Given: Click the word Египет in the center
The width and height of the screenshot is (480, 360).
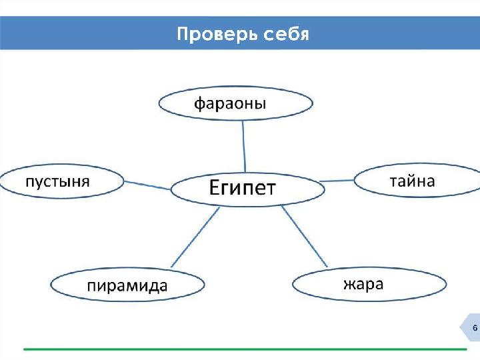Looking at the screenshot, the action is [243, 187].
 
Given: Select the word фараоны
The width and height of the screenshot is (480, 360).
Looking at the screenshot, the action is [230, 103].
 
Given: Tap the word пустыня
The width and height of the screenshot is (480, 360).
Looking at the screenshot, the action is [57, 181].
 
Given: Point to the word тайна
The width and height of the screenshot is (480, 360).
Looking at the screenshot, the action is [413, 181].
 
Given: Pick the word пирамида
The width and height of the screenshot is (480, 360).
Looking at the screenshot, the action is [127, 286].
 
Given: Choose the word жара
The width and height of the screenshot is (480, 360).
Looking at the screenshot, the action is [363, 284].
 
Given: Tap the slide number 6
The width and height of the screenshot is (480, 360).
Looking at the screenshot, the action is [475, 328].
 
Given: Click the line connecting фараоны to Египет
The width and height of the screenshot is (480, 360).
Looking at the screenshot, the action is [244, 146].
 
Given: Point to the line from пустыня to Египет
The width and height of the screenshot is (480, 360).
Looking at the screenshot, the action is [147, 185].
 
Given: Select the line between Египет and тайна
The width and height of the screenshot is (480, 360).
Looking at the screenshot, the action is [337, 181].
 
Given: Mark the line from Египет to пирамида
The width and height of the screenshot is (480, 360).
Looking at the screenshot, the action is [195, 237].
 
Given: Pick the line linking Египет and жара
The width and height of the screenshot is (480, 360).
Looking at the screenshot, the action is [305, 236].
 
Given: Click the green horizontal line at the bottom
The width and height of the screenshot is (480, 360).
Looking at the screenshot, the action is [245, 349].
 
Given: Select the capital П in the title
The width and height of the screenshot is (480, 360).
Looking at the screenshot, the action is [183, 34].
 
